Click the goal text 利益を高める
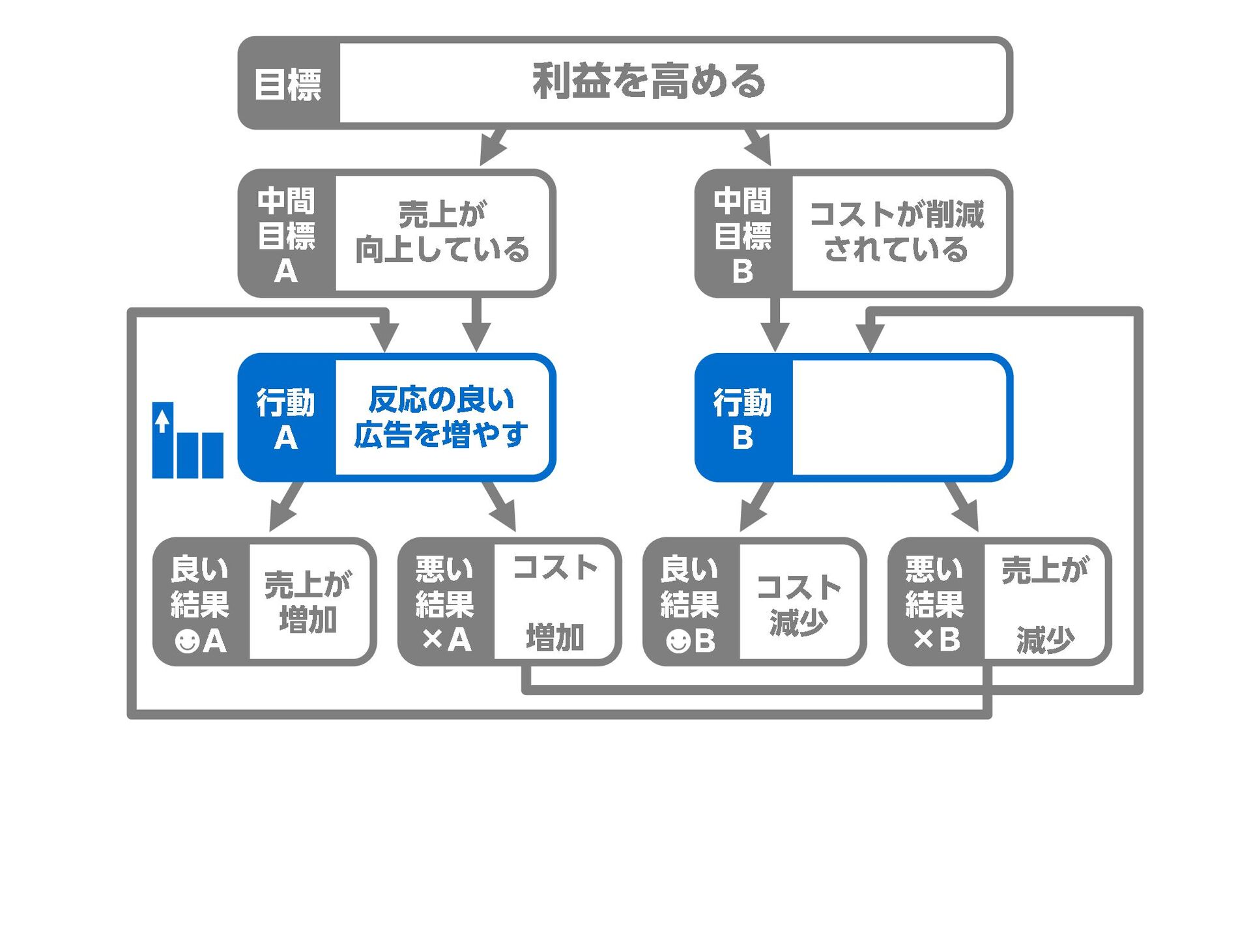pos(649,82)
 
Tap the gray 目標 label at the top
pos(288,85)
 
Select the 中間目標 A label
pos(287,234)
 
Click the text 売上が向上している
pos(442,233)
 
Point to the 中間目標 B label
pos(743,234)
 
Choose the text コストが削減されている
pos(897,233)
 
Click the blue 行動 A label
pos(286,419)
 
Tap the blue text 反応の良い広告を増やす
pos(441,418)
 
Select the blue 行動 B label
pos(743,419)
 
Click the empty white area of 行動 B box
pos(899,418)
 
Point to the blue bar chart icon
pos(188,442)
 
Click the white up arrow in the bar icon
pos(162,421)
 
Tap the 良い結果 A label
pos(200,603)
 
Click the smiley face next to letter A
pos(187,641)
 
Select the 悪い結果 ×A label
pos(446,603)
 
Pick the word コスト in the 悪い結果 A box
pos(555,568)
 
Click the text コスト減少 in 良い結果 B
pos(799,604)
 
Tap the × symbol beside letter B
pos(924,640)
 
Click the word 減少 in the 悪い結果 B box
pos(1045,640)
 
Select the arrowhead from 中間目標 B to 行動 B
pos(775,337)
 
